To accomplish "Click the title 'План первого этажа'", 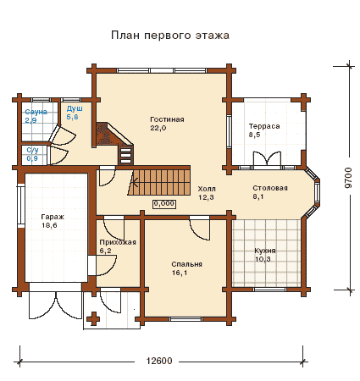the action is tap(170, 36).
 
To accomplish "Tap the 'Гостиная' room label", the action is tap(167, 119).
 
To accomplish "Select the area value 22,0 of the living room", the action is tap(158, 128).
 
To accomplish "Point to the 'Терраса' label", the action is tap(264, 126).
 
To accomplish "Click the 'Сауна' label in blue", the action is tap(36, 112).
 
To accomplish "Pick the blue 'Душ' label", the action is tap(75, 108).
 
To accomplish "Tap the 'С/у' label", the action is tap(32, 150).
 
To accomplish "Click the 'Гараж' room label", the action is tap(53, 217).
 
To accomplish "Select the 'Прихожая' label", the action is tap(118, 242).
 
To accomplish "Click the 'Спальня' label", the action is tap(186, 264).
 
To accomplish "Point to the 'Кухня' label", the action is tap(265, 251).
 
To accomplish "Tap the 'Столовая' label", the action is tap(270, 188).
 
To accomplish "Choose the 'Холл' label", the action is tap(207, 189).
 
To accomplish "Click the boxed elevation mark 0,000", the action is tap(164, 204).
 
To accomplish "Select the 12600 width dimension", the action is tap(159, 361).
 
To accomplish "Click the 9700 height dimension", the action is tap(349, 178).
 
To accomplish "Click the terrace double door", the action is tap(267, 158).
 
